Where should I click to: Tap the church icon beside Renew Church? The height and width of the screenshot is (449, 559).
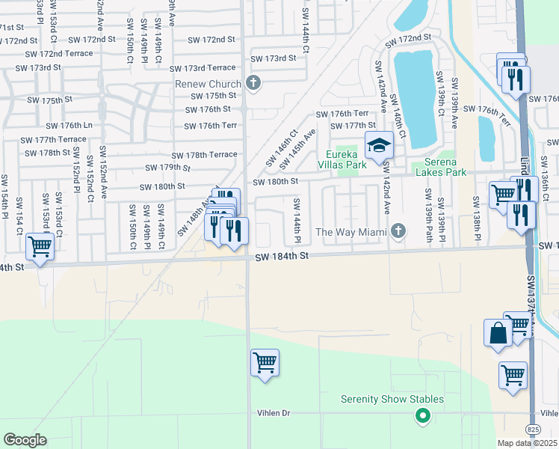[x=253, y=83]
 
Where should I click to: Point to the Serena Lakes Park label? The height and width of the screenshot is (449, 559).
[x=435, y=167]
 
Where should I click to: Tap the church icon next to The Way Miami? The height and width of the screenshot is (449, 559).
[x=398, y=230]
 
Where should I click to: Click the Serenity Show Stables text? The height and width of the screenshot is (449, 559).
[x=392, y=400]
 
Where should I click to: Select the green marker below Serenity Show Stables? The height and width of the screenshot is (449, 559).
[x=423, y=415]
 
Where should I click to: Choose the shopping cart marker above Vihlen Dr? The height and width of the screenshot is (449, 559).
[x=265, y=363]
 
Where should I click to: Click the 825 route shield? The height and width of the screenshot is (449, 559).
[x=531, y=430]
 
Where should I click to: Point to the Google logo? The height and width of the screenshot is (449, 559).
[x=25, y=440]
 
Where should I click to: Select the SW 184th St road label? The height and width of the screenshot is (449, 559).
[x=281, y=257]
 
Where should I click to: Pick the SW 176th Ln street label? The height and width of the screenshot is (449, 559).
[x=69, y=126]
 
